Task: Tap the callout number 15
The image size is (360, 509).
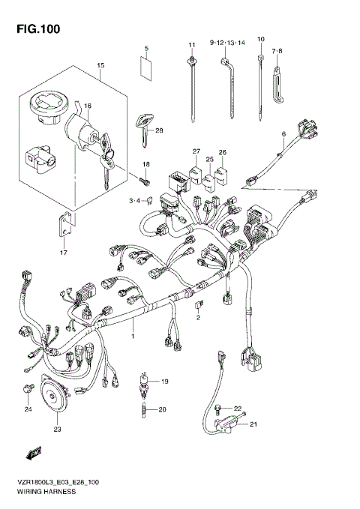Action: (x=100, y=66)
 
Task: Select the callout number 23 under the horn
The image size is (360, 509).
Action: (x=57, y=430)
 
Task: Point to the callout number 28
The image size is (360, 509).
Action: (x=159, y=130)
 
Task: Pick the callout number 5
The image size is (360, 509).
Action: (x=147, y=49)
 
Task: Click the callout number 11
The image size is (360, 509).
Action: (x=192, y=46)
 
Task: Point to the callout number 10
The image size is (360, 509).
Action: (x=261, y=39)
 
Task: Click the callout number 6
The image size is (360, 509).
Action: (x=284, y=135)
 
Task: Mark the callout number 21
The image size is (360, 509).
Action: (x=253, y=424)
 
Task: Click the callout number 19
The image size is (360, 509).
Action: (x=165, y=381)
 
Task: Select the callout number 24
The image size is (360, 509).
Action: (x=28, y=409)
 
